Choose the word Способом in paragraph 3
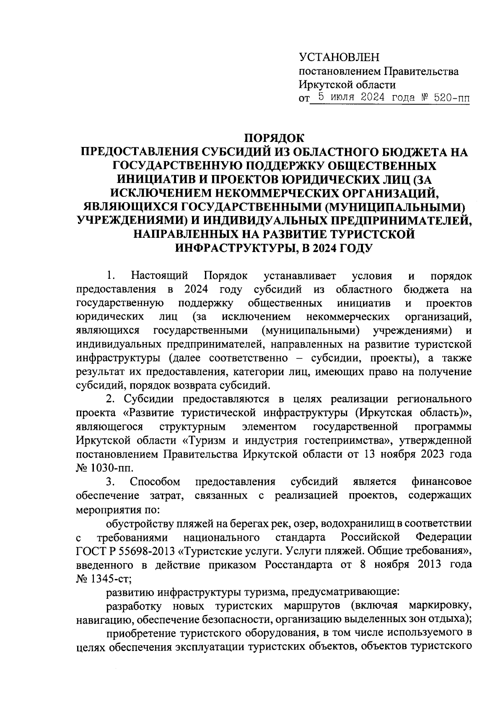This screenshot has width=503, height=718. pos(156,481)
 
